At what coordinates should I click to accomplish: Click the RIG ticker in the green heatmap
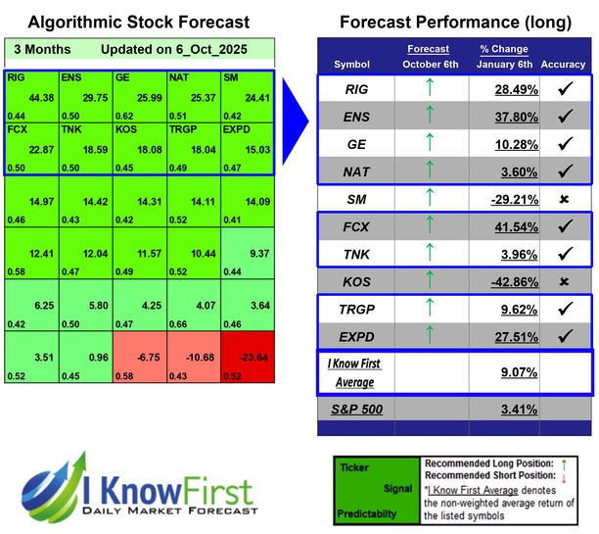17,76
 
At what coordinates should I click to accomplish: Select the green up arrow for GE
427,145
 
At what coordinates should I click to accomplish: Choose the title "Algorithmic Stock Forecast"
138,22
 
